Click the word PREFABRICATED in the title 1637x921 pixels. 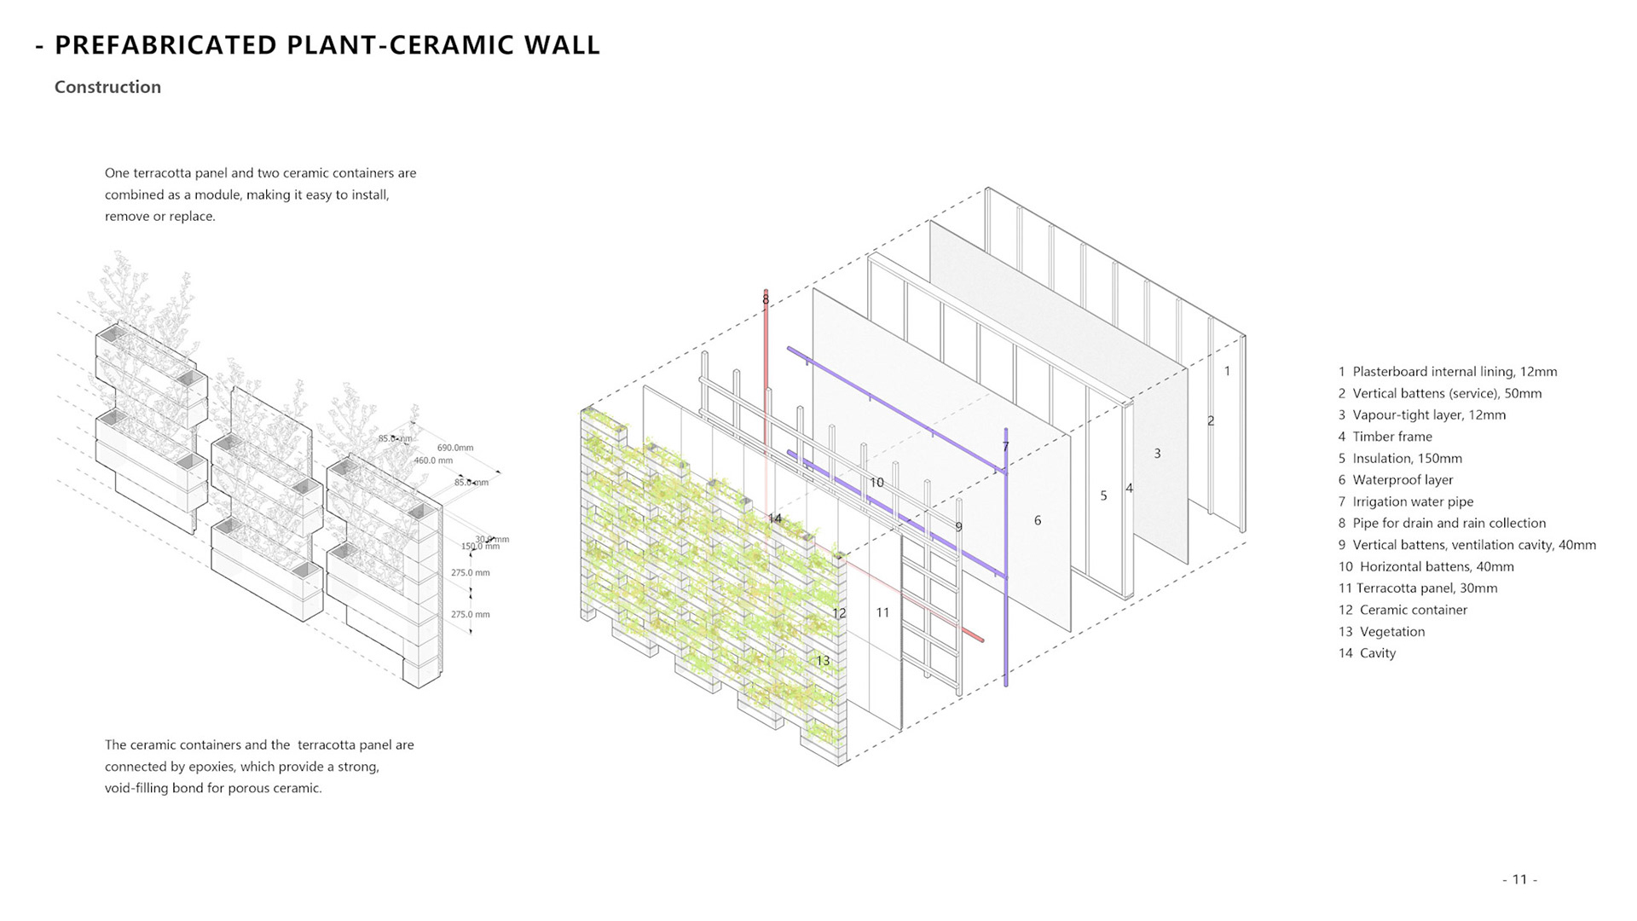(166, 45)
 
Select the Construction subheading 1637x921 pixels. (107, 87)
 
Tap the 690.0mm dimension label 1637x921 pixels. (455, 448)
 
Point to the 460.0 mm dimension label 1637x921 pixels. (433, 460)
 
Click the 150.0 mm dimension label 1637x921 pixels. (480, 547)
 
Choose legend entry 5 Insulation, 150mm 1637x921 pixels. (1400, 458)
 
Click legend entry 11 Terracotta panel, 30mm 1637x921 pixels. (1418, 588)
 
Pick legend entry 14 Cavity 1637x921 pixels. (1367, 653)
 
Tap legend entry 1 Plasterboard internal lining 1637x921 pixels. (1448, 372)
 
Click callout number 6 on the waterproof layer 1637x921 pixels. (1038, 520)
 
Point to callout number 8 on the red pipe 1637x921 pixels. (766, 299)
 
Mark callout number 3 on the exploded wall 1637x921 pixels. (1157, 454)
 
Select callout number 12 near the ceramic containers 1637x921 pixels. (839, 613)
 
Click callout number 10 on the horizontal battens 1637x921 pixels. (876, 483)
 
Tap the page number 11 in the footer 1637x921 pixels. (1519, 879)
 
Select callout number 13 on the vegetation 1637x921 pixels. (822, 661)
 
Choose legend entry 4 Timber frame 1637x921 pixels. (1385, 437)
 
